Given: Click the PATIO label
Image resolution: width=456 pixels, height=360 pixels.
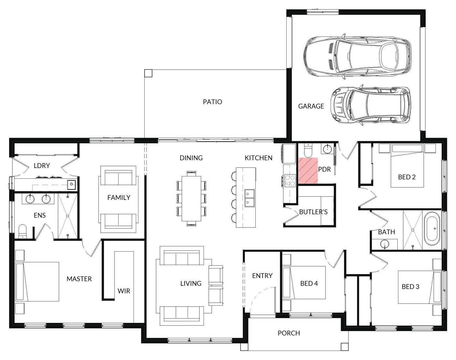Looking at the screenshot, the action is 212,102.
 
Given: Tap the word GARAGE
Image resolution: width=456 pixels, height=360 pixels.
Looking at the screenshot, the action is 311,106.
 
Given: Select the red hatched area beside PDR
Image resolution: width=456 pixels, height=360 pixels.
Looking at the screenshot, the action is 308,171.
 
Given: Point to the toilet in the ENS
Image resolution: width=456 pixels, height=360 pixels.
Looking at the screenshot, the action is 22,231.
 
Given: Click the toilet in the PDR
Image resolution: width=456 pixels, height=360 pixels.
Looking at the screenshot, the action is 308,150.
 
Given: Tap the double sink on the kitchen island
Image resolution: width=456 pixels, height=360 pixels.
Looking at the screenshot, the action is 249,198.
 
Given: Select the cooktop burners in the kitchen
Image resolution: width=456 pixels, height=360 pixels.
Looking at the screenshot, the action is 290,180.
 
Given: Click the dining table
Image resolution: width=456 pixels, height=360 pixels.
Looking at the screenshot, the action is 191,199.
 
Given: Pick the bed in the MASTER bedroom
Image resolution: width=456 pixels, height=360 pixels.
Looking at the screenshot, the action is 37,282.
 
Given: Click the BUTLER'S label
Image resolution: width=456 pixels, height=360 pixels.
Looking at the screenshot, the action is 313,212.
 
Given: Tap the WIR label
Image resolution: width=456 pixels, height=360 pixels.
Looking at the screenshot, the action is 124,291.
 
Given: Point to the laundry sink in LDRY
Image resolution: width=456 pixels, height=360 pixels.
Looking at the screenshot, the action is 72,184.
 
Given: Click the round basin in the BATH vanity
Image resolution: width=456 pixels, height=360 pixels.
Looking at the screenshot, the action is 385,244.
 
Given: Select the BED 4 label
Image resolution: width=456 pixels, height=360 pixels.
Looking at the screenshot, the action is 309,284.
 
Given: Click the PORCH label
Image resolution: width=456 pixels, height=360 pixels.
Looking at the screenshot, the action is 289,333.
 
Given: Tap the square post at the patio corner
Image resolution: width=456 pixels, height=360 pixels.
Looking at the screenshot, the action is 148,73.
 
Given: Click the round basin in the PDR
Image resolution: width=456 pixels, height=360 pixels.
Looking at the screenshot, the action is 327,149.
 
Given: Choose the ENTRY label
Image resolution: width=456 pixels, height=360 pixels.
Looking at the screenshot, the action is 262,275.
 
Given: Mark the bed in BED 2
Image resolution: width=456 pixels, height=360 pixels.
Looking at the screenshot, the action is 407,166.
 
